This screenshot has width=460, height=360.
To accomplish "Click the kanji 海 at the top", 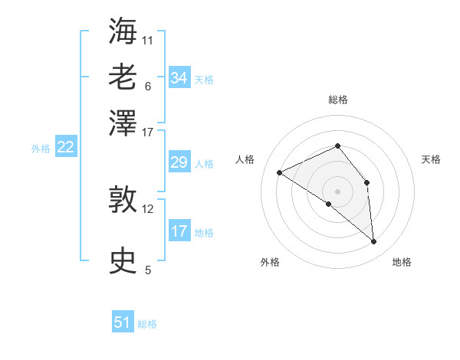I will coord(123,31).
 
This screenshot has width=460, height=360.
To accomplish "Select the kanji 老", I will coord(123,77).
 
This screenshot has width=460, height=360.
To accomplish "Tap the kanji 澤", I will coord(123,123).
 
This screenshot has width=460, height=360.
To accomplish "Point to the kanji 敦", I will coord(123,201).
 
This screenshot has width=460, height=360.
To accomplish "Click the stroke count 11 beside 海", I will coord(148,40).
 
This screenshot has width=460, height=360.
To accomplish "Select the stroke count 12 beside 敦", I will coord(148,208).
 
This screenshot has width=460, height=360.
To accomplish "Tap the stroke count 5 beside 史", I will coord(148,270).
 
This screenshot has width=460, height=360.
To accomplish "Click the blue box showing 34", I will coord(179,77).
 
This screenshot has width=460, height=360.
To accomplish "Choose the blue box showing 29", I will coord(179,162).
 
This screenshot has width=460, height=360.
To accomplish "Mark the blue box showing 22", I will coord(65,147).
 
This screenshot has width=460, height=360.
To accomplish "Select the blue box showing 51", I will coord(123,322).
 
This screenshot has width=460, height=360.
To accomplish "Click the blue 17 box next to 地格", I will coord(179,231).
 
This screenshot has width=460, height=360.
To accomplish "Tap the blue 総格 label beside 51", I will coord(147,324).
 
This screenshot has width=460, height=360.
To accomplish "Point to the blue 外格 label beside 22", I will coord(41,149).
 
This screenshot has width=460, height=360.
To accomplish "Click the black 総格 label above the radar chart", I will coord(337,100).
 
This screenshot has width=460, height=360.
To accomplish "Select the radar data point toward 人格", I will coord(280,172).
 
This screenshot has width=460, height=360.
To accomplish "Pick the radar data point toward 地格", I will coord(373,241).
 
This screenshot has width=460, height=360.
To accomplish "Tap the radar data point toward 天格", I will coord(367,182).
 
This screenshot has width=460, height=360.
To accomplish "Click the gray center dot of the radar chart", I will coord(337,190).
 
